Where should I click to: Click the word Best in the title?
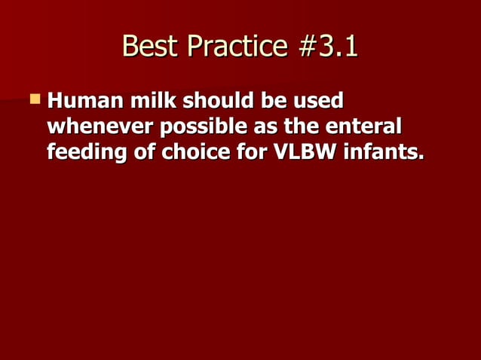pyautogui.click(x=149, y=47)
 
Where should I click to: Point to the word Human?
pyautogui.click(x=87, y=100)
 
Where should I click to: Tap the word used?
pyautogui.click(x=318, y=100)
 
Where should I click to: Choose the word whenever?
pyautogui.click(x=97, y=127)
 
